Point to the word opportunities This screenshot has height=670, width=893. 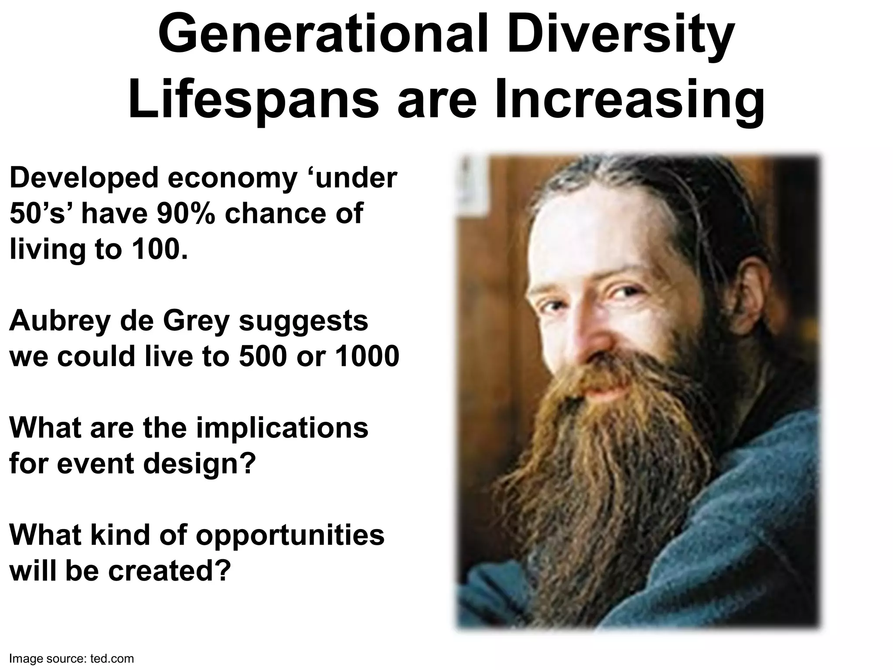[x=290, y=535]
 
